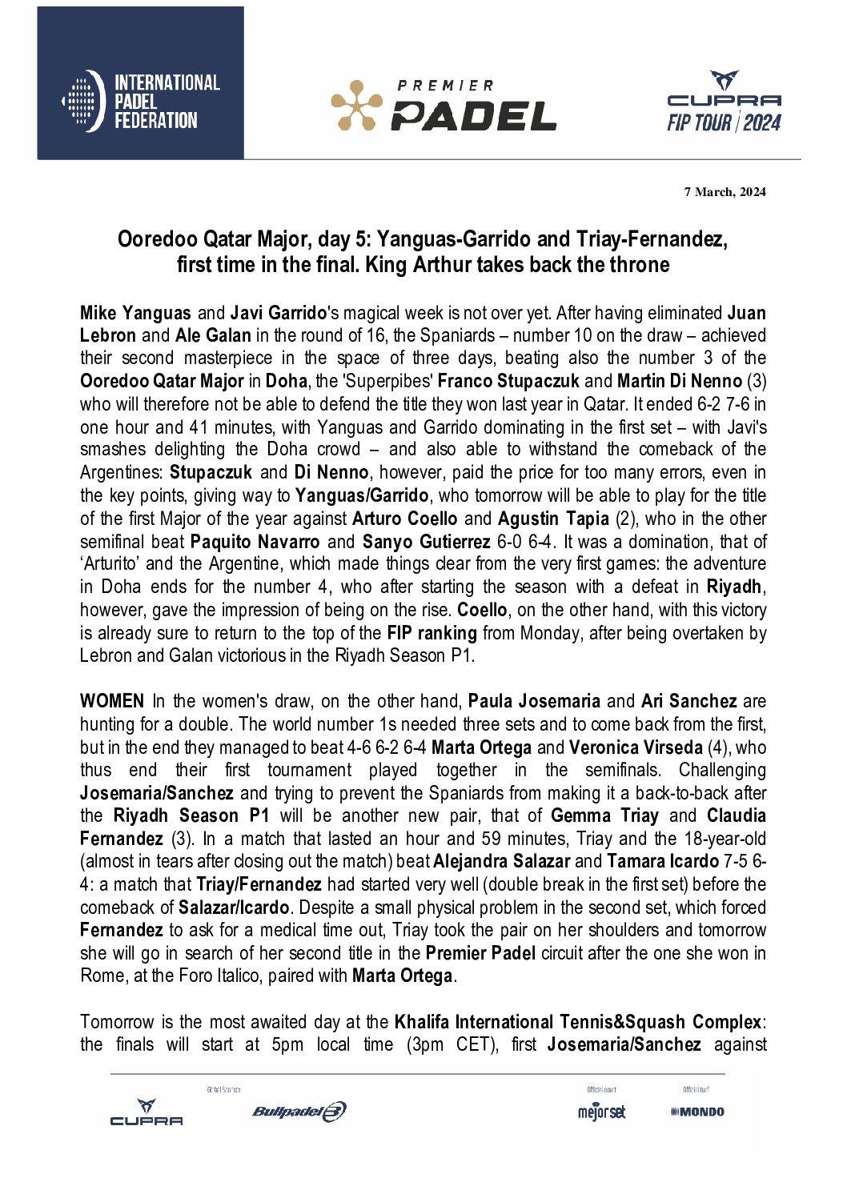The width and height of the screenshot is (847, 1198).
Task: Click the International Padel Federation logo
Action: (x=141, y=101)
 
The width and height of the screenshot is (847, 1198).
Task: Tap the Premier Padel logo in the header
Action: (x=444, y=106)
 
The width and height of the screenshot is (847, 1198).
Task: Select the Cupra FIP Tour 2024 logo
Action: (x=724, y=102)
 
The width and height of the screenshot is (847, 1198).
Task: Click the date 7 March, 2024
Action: (x=725, y=192)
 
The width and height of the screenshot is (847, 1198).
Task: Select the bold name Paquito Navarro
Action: (x=255, y=542)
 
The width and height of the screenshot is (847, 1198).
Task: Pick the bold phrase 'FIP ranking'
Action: (x=432, y=633)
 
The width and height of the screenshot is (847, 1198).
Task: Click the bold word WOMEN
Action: (x=112, y=702)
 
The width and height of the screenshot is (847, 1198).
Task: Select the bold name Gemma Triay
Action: (x=604, y=816)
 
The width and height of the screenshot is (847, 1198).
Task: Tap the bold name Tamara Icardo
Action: (x=663, y=862)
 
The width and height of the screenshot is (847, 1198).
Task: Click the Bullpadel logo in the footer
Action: (x=299, y=1112)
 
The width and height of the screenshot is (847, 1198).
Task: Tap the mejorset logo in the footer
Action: (x=601, y=1112)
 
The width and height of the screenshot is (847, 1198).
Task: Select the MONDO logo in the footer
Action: (x=697, y=1112)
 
